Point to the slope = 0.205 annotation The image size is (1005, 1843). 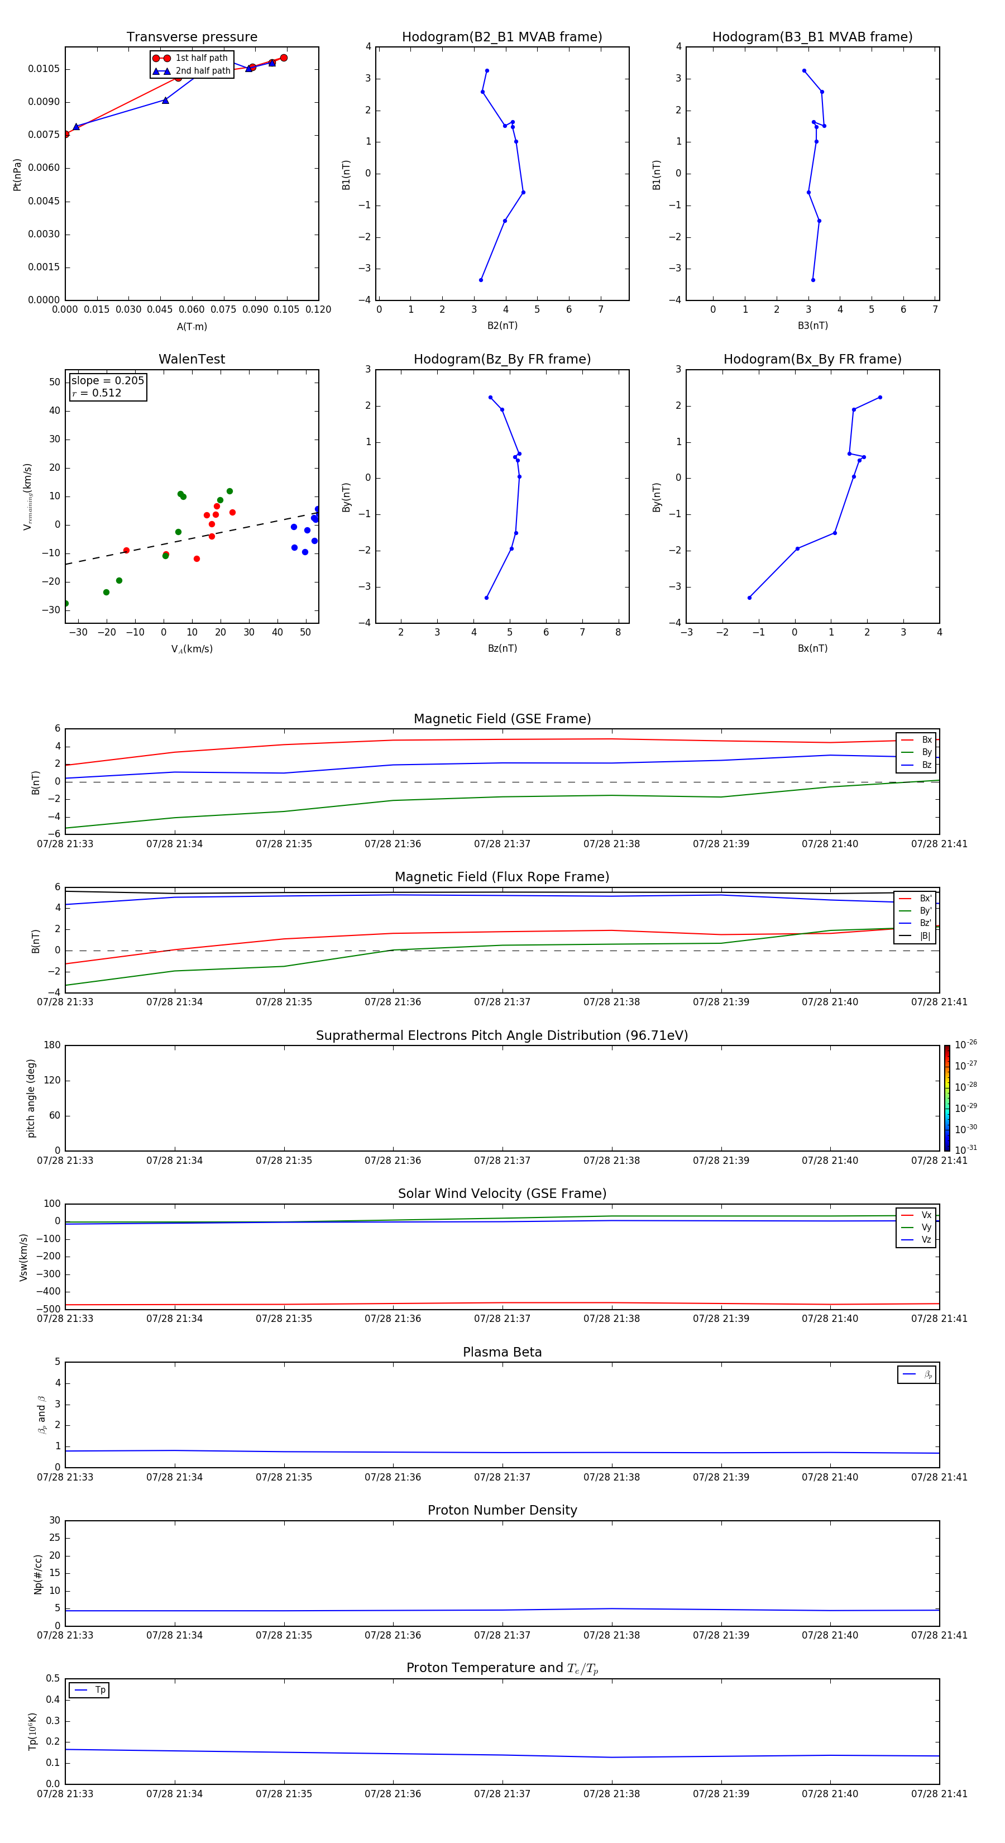point(107,381)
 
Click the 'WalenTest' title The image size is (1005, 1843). point(192,359)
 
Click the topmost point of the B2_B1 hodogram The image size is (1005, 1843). point(487,71)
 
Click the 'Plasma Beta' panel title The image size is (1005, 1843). point(502,1352)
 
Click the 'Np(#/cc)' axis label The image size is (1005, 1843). point(38,1573)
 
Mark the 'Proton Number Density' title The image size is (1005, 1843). point(502,1510)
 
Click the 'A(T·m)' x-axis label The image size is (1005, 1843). point(192,327)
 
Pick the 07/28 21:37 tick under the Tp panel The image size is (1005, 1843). point(502,1794)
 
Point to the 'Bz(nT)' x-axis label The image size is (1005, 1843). point(502,648)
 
